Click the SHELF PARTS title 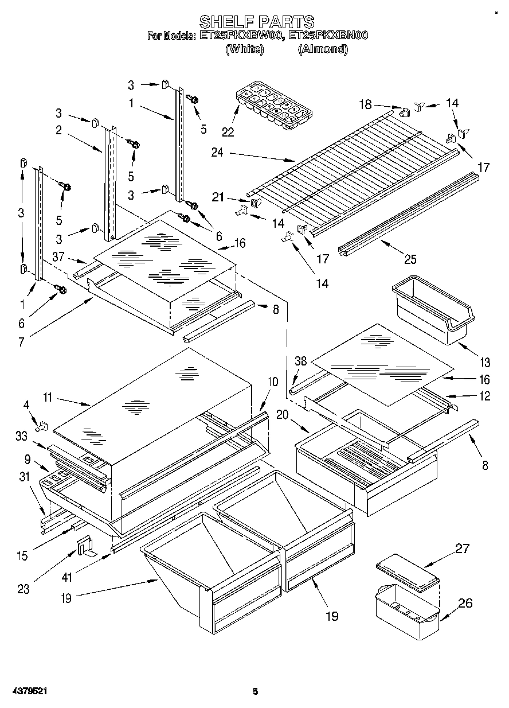pos(256,22)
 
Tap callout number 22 pos(228,132)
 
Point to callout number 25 pos(410,259)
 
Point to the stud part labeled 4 pos(42,427)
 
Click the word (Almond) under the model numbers pos(323,49)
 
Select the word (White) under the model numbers pos(245,49)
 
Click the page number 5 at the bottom pos(256,691)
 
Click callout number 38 pos(301,361)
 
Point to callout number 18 pos(381,105)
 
